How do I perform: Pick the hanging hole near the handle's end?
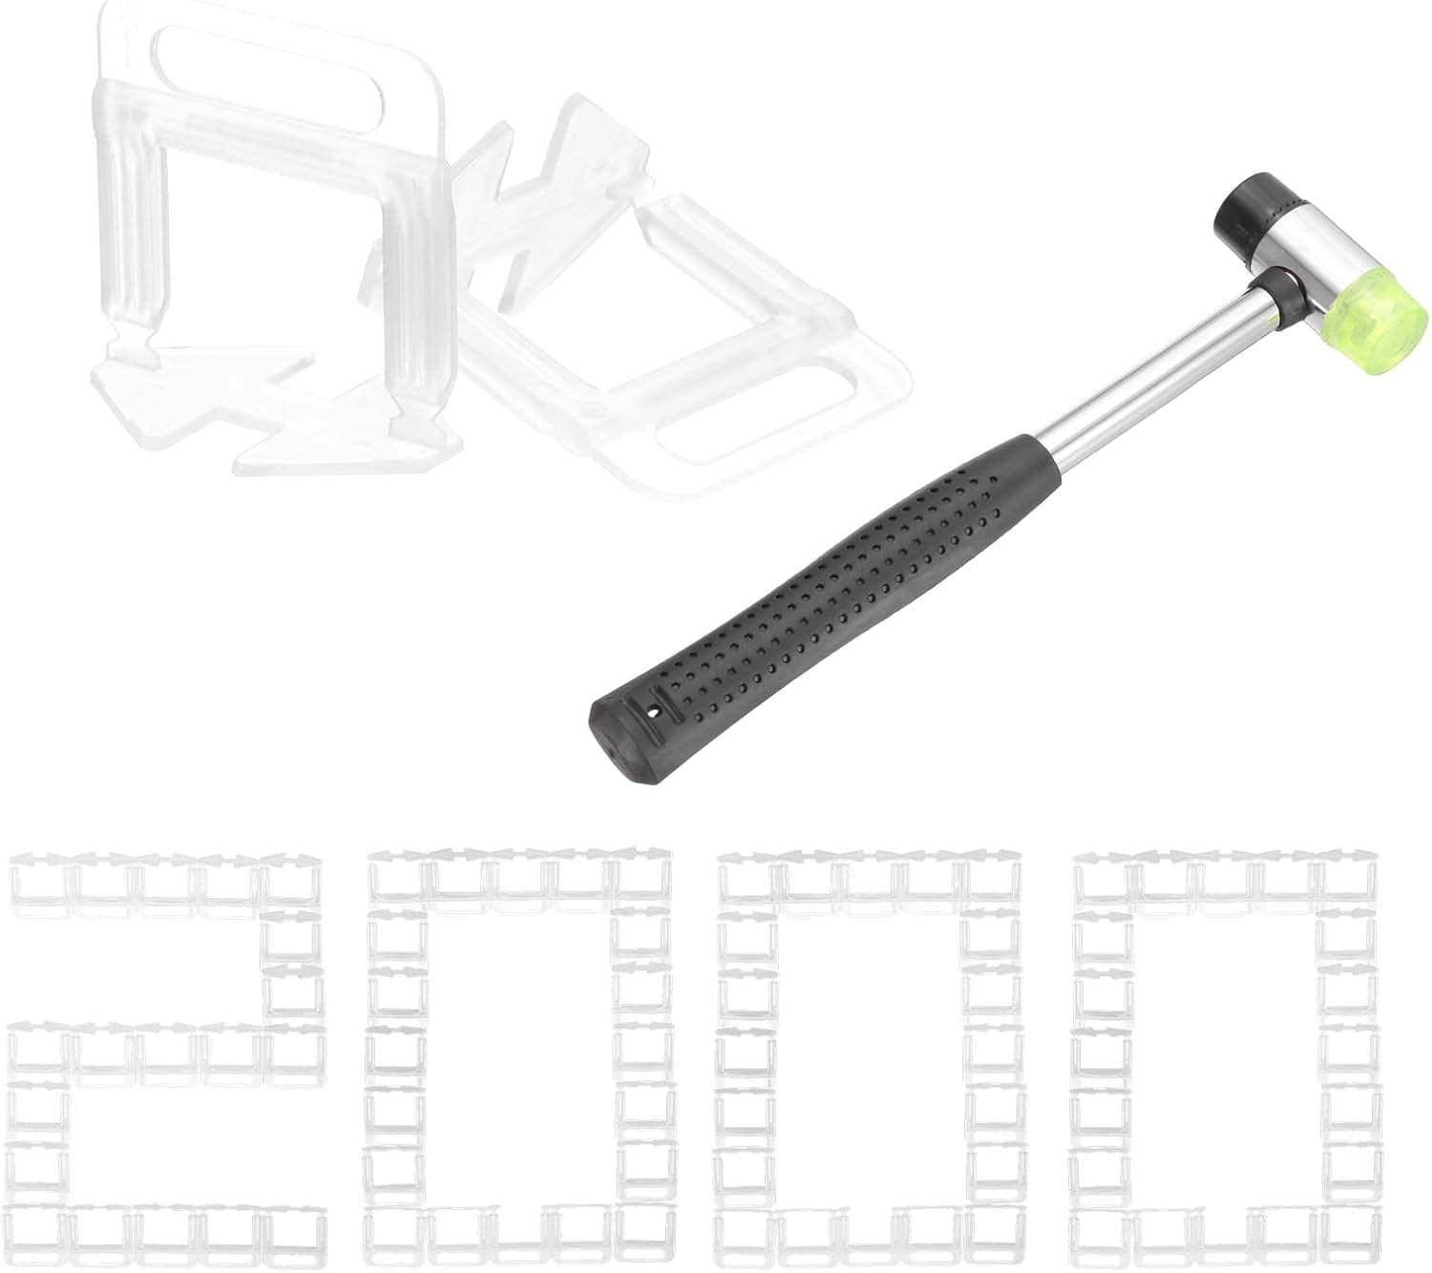(x=655, y=710)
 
